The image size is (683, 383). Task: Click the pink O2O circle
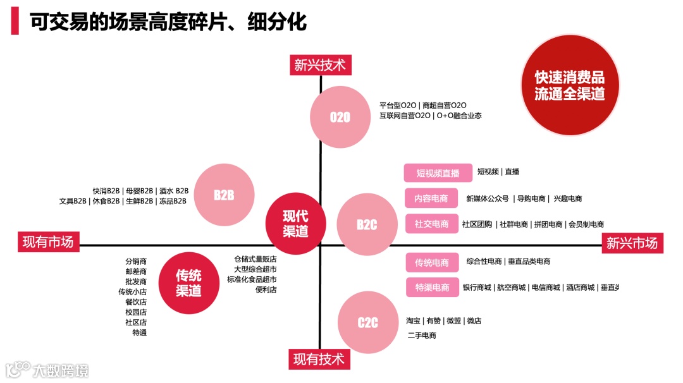[340, 117]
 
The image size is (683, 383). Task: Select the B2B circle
[224, 195]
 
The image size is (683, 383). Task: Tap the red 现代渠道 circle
[295, 223]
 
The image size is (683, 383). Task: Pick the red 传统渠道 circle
[188, 283]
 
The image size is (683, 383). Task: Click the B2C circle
[367, 224]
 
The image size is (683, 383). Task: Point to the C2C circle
[368, 322]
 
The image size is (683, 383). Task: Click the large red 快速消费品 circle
[569, 85]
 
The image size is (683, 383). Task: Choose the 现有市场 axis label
[48, 242]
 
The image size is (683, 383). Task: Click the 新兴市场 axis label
[632, 243]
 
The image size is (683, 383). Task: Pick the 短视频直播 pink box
[438, 173]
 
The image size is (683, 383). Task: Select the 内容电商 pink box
[431, 198]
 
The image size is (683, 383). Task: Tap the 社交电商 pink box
[431, 224]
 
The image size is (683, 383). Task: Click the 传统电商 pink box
[432, 262]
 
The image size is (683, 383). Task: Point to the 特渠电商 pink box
[432, 287]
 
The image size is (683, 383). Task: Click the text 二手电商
[421, 335]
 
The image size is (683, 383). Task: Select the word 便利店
[266, 289]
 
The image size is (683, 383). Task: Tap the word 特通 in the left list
[139, 332]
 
